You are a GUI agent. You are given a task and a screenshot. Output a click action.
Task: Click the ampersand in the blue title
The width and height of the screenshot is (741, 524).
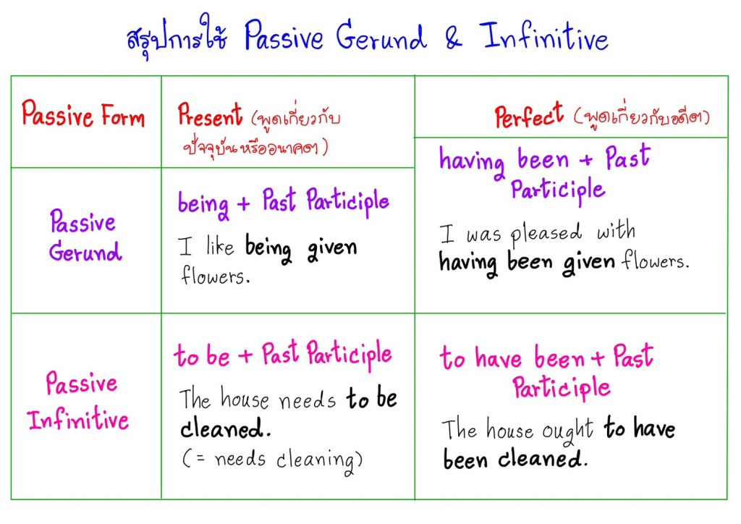(454, 38)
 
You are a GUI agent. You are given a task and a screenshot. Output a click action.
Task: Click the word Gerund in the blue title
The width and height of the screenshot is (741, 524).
(381, 35)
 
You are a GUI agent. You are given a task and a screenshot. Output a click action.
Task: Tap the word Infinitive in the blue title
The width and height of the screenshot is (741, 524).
(544, 36)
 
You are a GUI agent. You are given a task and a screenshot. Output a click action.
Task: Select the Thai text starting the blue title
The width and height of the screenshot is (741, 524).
(177, 37)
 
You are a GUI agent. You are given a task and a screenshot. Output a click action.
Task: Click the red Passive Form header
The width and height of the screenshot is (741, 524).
(82, 114)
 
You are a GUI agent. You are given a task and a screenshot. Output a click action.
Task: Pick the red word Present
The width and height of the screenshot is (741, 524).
(210, 115)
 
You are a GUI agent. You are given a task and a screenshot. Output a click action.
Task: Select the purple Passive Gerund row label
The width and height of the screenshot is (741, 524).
(85, 235)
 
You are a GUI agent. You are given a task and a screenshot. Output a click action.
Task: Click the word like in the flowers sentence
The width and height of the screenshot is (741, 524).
(220, 245)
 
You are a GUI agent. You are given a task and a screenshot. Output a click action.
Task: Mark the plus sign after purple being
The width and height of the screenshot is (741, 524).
(243, 203)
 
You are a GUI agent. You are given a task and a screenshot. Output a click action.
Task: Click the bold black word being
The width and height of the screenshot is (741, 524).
(268, 248)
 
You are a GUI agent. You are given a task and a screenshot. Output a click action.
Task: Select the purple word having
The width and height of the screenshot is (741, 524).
(472, 163)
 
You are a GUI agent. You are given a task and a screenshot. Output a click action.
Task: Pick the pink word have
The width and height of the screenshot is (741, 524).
(499, 358)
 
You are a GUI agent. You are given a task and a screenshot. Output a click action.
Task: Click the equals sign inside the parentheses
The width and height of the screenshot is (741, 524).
(200, 457)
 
